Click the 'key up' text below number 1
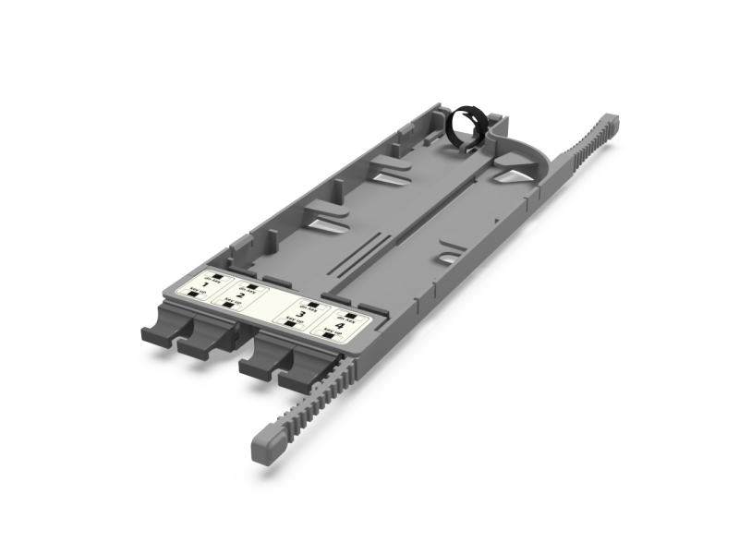click(195, 292)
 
